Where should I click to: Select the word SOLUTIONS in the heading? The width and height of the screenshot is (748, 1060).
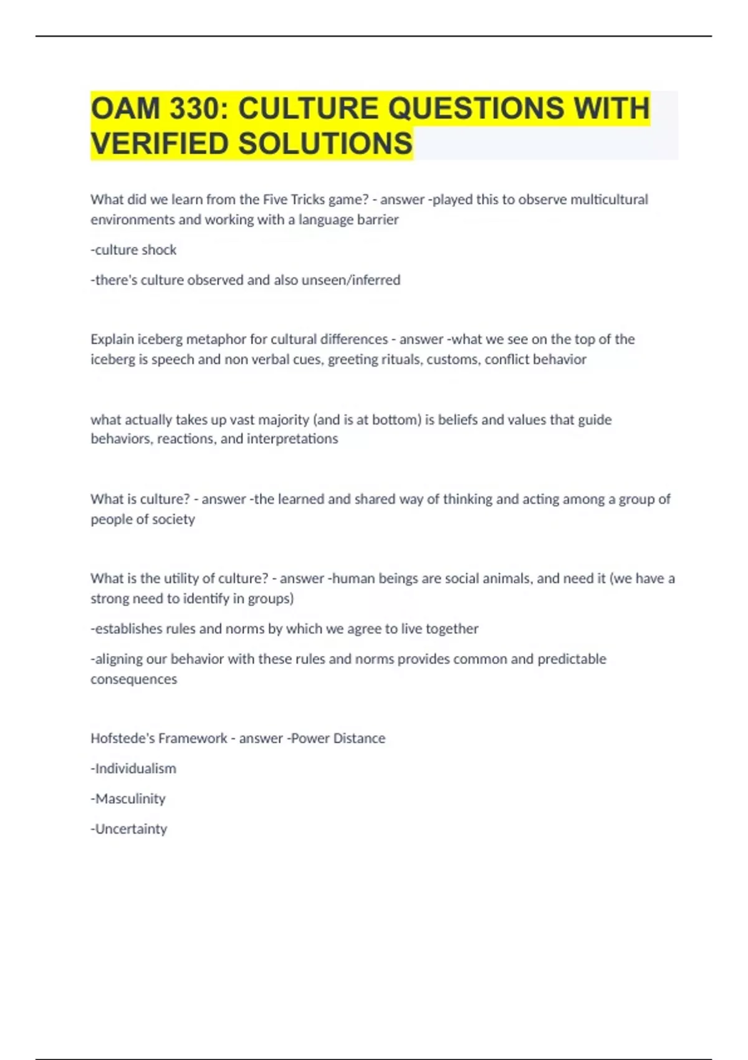[325, 144]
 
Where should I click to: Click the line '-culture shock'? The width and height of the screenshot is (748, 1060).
[133, 250]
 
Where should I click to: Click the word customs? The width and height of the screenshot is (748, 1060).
[454, 360]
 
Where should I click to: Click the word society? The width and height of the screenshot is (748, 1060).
[173, 519]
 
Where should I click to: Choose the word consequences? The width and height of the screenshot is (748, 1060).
[133, 680]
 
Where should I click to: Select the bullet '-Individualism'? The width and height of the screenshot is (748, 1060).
[133, 769]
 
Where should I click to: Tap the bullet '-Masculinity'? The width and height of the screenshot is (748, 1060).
[128, 799]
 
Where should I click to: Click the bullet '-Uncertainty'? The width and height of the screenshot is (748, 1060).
[129, 829]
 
